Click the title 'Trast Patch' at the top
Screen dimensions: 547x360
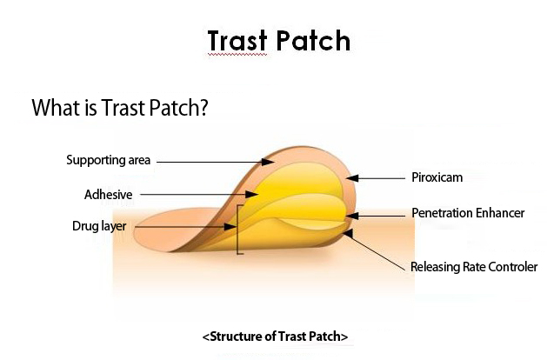[x=279, y=41]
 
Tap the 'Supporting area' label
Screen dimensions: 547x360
[x=108, y=160]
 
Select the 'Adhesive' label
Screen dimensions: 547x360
[x=108, y=194]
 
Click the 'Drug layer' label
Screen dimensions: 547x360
[x=99, y=226]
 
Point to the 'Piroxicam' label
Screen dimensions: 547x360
[x=437, y=177]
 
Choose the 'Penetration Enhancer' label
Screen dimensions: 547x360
[x=468, y=213]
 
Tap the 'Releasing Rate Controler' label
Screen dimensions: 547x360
[x=474, y=267]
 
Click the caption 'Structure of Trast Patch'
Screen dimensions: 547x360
[x=276, y=337]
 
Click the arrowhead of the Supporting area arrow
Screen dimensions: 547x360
[x=268, y=162]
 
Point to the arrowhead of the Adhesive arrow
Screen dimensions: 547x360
[x=252, y=194]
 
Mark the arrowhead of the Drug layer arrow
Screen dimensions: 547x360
[x=230, y=227]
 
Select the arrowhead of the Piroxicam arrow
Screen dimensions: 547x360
[x=352, y=178]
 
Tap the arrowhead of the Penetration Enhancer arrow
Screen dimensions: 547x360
[x=352, y=217]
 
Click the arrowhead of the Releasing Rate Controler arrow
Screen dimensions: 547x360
[x=349, y=233]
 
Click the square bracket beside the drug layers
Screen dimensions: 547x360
[x=237, y=230]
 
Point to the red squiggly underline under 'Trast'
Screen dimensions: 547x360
[x=237, y=55]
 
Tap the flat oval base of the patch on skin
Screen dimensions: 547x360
[x=164, y=230]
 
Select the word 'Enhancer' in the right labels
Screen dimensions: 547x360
[x=500, y=213]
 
